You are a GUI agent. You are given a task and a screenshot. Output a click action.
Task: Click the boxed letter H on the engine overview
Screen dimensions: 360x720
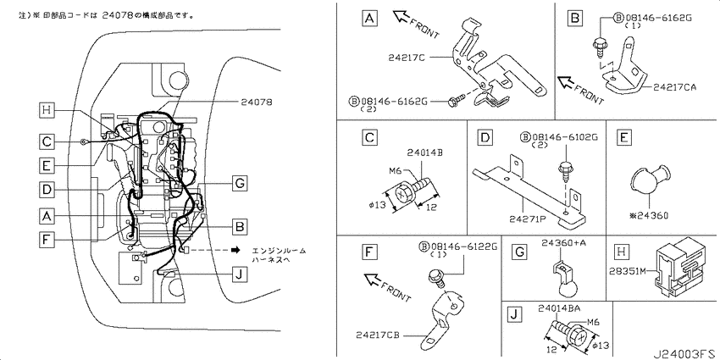click(47, 109)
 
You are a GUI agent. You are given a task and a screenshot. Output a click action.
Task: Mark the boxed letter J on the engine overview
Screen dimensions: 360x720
click(241, 273)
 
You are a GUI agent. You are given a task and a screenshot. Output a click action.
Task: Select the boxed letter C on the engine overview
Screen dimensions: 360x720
click(47, 141)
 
